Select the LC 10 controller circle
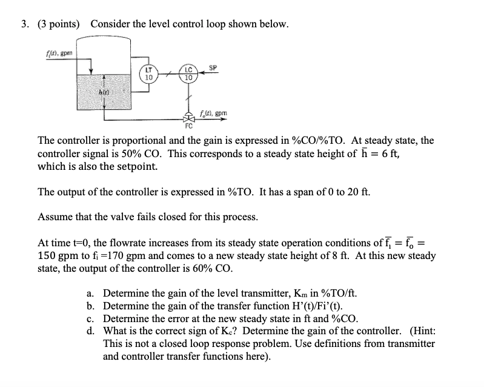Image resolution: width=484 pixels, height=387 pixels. click(x=188, y=74)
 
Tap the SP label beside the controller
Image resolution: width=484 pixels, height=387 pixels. click(x=213, y=66)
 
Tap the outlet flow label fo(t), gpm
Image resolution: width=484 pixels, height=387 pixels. click(x=214, y=115)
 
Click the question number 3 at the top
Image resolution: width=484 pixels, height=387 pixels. click(x=24, y=24)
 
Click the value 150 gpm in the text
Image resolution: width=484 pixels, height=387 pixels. click(x=57, y=256)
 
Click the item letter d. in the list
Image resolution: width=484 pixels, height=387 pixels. click(x=91, y=331)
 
